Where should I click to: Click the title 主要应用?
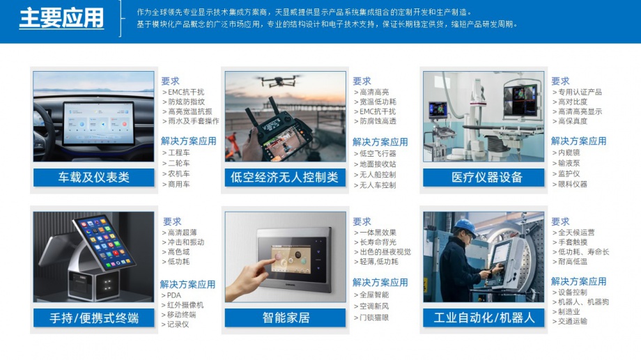(62, 18)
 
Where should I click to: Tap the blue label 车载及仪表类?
(93, 178)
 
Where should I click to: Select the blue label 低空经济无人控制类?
(285, 178)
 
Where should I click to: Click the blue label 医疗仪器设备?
(484, 178)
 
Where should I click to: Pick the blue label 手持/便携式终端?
(93, 318)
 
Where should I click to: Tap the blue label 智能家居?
(285, 318)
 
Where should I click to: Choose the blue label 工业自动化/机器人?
(484, 318)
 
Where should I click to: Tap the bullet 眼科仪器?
(569, 185)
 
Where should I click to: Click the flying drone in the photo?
(279, 81)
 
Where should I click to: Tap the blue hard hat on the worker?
(465, 226)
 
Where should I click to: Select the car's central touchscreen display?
(98, 123)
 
